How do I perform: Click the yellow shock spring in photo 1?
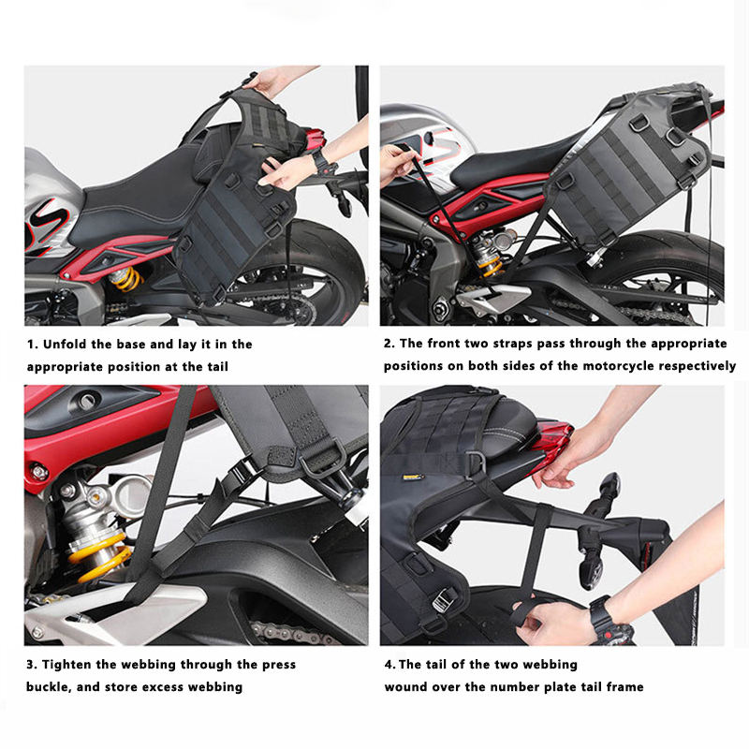pyautogui.click(x=125, y=279)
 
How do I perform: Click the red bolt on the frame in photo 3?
pyautogui.click(x=38, y=471)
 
